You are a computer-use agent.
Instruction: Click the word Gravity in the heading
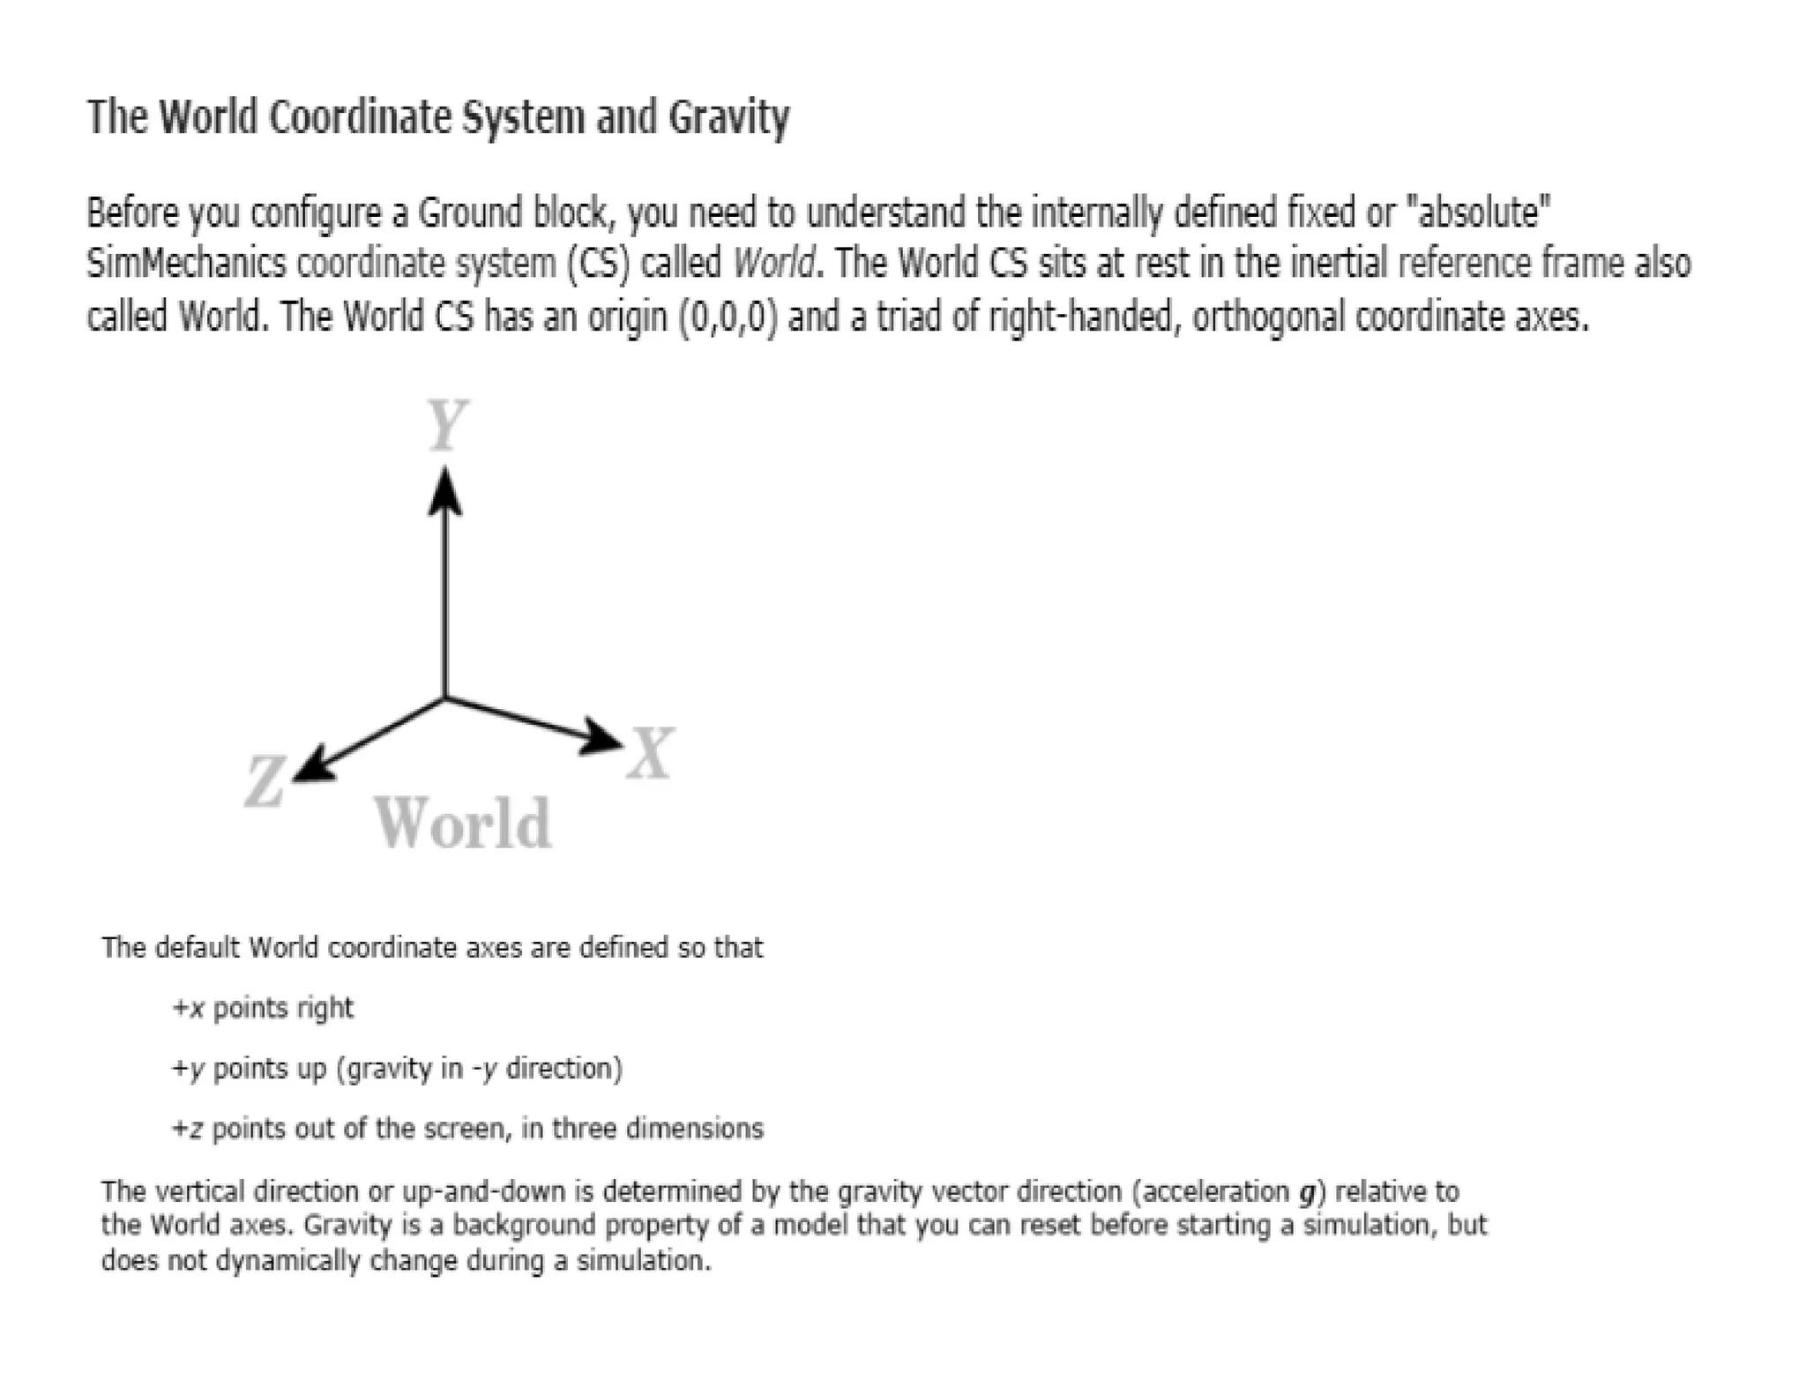coord(728,118)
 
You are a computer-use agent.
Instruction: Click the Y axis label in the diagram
coord(446,424)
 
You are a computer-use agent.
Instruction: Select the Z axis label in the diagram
coord(264,781)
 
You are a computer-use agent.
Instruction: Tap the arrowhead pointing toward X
coord(601,737)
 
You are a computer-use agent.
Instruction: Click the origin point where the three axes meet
coord(445,697)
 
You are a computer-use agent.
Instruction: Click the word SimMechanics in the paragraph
coord(186,264)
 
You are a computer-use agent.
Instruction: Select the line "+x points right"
coord(263,1008)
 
